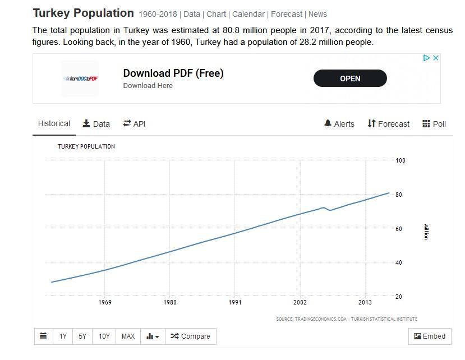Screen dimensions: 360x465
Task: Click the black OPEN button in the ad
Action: coord(350,79)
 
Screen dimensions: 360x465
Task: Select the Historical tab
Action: coord(54,124)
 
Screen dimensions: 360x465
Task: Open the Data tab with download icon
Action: coord(96,124)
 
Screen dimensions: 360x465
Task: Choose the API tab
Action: coord(134,124)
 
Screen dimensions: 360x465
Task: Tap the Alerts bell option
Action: coord(339,124)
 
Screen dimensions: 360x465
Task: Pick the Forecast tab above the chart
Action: coord(389,124)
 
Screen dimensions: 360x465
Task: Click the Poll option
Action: coord(434,124)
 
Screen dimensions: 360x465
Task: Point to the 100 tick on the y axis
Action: coord(400,161)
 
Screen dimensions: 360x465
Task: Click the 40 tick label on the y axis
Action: coord(398,263)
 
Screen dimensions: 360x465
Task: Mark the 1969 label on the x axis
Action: coord(105,303)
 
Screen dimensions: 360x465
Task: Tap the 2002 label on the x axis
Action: coord(300,303)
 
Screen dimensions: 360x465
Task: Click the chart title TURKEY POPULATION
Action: coord(86,147)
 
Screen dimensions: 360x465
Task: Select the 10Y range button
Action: coord(104,336)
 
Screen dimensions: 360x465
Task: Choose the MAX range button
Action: coord(128,336)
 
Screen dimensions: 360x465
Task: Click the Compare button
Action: coord(190,336)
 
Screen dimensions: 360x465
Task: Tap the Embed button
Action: coord(430,336)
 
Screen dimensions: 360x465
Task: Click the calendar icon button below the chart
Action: coord(43,336)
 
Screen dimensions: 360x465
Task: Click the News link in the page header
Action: coord(317,14)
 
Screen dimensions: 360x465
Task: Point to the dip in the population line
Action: coord(330,210)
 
